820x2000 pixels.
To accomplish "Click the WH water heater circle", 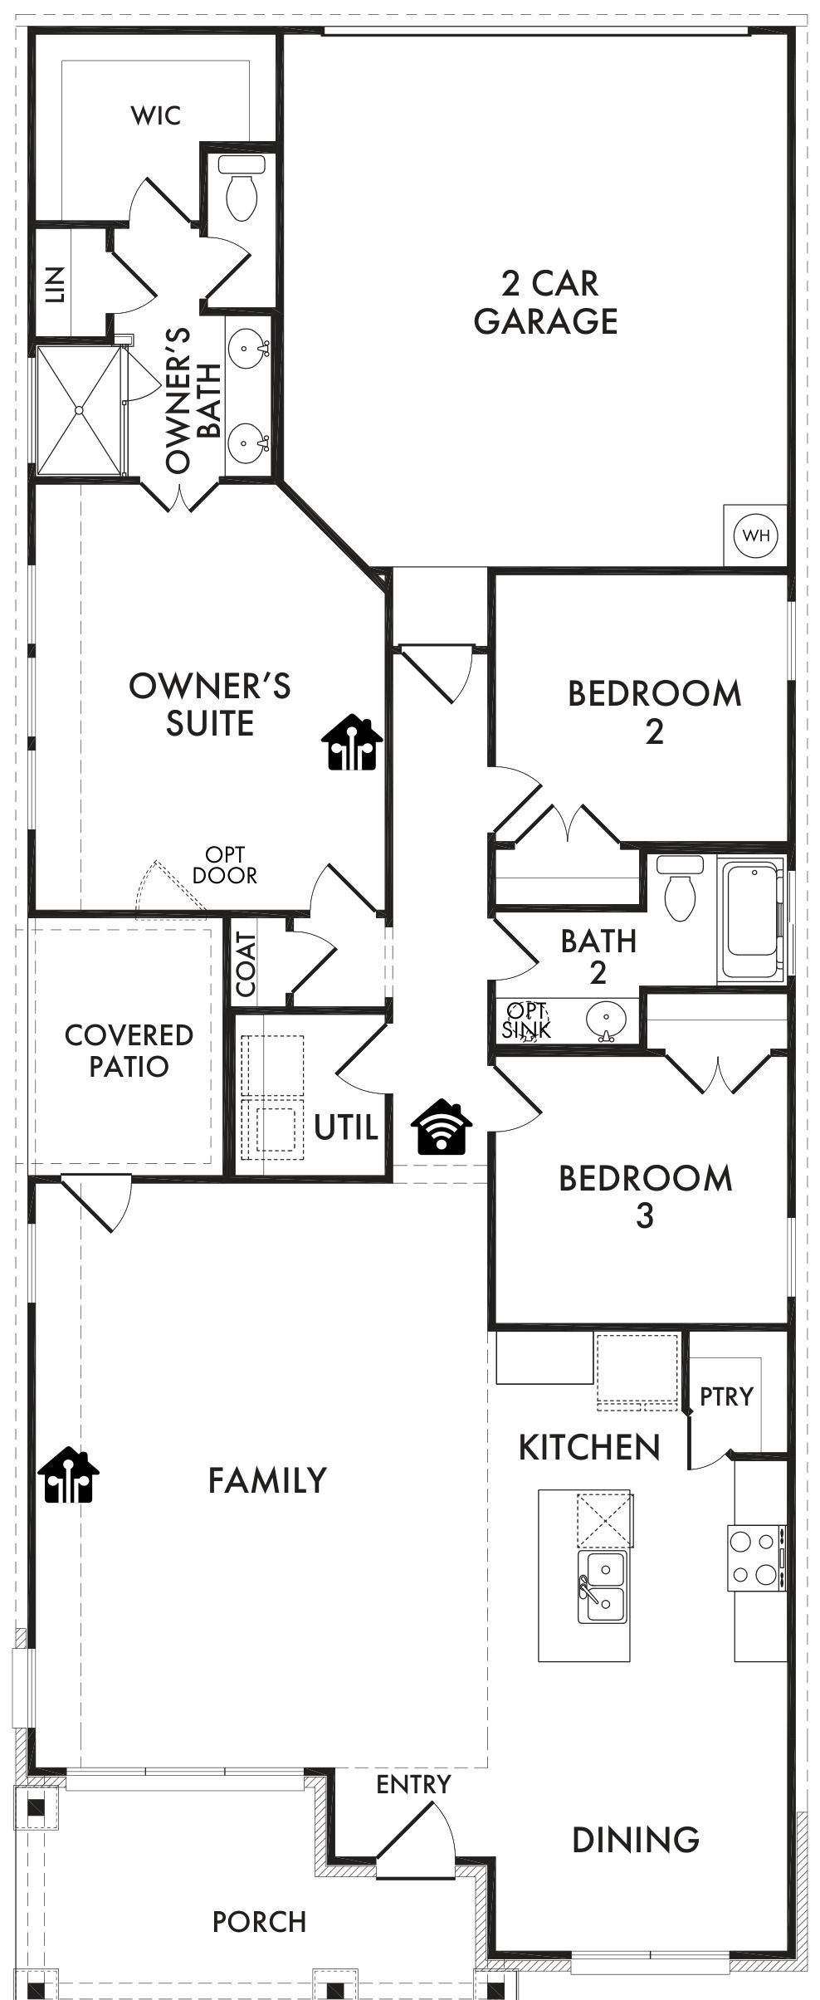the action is point(756,535).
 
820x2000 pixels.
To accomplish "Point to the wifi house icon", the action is point(442,1127).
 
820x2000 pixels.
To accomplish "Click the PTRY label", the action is point(726,1396).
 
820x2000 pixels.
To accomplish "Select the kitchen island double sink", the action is point(602,1587).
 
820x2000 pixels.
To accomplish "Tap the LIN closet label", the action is point(55,285).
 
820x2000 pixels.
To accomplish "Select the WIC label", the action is point(156,115).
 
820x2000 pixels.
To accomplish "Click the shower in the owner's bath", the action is point(79,410).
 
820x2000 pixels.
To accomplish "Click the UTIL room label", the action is point(346,1127).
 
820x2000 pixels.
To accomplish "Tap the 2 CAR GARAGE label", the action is point(547,301).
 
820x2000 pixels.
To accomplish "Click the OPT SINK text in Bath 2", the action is point(526,1020).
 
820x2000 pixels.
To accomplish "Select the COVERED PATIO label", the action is point(129,1050).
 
